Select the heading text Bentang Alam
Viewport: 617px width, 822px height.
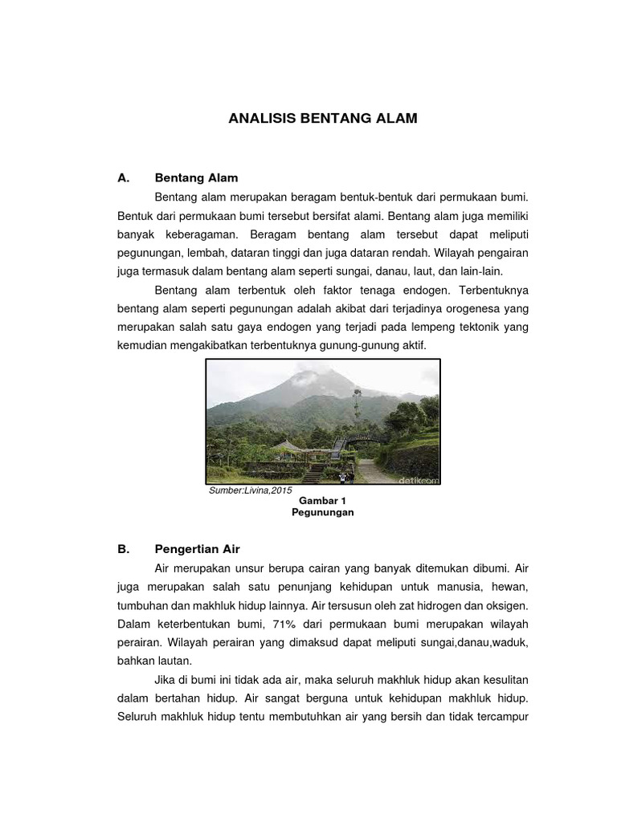point(196,177)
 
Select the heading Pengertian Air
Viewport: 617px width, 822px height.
point(197,549)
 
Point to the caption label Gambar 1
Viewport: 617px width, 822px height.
point(322,499)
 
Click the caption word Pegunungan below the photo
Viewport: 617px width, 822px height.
point(322,511)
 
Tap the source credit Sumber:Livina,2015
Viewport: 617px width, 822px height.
point(251,490)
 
